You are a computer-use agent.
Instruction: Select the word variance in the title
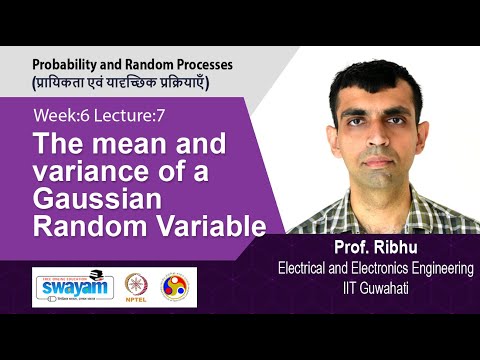click(85, 172)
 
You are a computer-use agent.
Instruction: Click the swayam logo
click(73, 287)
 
